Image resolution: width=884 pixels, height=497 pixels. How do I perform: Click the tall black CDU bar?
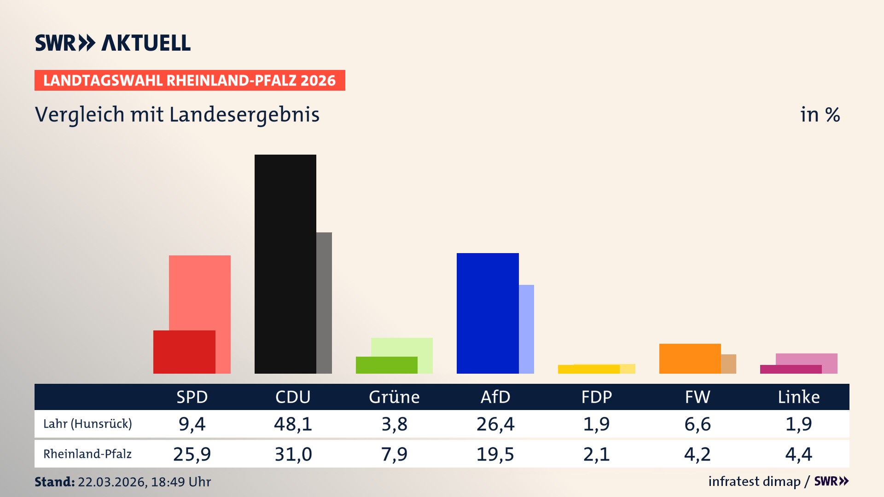[285, 264]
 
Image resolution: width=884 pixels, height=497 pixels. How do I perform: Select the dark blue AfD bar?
[487, 313]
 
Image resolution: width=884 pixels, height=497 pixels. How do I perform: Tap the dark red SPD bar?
[184, 352]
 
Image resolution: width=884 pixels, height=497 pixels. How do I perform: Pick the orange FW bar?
[690, 358]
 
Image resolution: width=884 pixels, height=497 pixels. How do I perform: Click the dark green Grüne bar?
[386, 365]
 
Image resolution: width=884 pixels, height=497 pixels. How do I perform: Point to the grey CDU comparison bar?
[324, 303]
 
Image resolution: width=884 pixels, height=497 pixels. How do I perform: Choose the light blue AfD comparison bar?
[527, 329]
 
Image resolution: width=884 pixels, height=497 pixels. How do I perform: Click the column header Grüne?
[394, 397]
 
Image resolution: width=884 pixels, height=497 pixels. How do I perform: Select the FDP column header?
[597, 397]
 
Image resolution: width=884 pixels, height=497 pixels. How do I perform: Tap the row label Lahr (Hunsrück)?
[87, 424]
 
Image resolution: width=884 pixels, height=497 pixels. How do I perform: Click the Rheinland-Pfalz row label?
[87, 454]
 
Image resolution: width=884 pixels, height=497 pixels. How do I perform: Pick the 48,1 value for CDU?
[293, 424]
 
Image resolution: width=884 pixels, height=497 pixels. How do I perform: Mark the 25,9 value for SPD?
[192, 454]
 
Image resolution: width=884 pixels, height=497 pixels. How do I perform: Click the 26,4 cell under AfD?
[495, 424]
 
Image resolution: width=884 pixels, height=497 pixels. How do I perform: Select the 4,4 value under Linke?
[798, 454]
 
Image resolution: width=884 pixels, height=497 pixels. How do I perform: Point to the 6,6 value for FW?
[698, 424]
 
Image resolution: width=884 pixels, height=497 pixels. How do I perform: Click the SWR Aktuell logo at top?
[113, 43]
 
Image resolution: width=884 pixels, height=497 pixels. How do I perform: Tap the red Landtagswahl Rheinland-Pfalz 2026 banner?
[190, 81]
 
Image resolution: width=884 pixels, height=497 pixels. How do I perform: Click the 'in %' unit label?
[820, 115]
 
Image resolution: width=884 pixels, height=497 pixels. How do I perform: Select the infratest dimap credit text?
[754, 481]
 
